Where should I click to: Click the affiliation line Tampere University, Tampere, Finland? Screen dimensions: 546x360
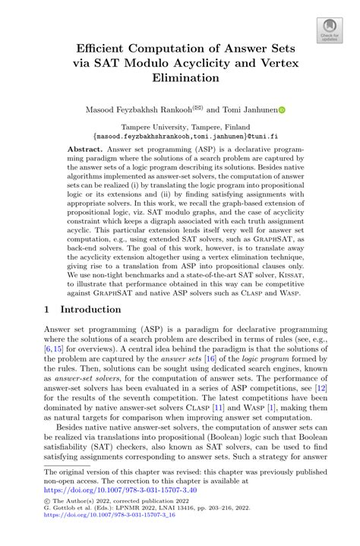(x=180, y=129)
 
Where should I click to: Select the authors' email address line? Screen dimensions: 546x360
(x=180, y=138)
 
